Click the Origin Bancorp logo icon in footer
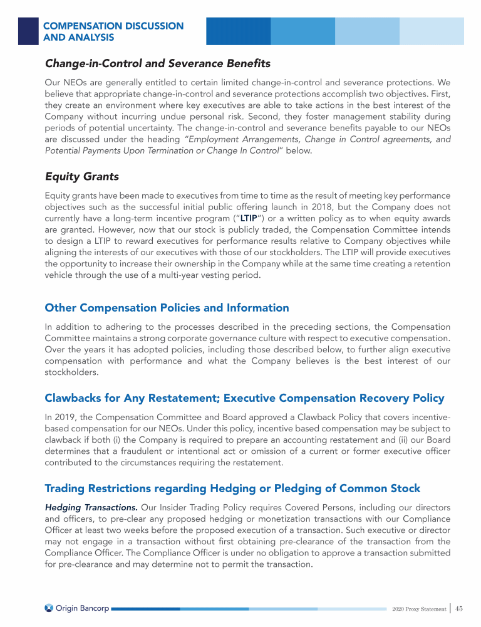(x=49, y=608)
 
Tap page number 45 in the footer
(x=459, y=608)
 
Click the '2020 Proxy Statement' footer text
(x=418, y=609)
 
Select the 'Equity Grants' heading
(x=81, y=176)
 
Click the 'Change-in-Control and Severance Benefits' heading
(x=157, y=63)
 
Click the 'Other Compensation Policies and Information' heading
(x=167, y=308)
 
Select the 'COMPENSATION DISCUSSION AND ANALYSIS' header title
(x=113, y=31)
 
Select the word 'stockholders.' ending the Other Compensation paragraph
(x=71, y=372)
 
